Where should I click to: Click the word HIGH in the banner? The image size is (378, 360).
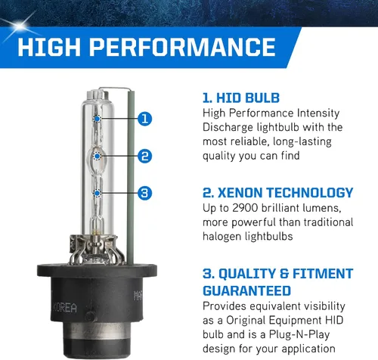[x=49, y=47]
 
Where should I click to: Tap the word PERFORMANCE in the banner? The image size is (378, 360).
[x=183, y=47]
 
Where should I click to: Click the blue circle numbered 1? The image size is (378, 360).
[x=145, y=119]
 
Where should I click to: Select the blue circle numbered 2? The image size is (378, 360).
[x=145, y=156]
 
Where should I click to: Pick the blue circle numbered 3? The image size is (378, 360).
[x=145, y=193]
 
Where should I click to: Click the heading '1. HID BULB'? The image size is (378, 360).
[x=241, y=98]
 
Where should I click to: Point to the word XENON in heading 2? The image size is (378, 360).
[x=240, y=193]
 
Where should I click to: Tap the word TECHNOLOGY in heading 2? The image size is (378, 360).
[x=310, y=193]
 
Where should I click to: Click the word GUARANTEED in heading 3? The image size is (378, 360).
[x=247, y=290]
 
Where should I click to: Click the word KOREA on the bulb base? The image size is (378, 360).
[x=64, y=308]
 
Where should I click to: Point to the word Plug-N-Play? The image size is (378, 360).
[x=299, y=335]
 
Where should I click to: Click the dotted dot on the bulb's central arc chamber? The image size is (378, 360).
[x=98, y=157]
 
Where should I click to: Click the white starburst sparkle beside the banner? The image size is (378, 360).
[x=19, y=26]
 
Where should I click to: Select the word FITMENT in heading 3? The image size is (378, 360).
[x=323, y=274]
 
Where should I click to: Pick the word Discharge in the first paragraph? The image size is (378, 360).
[x=228, y=128]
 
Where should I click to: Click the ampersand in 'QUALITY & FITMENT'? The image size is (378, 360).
[x=284, y=274]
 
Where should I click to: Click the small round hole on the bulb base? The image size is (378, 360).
[x=90, y=317]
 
